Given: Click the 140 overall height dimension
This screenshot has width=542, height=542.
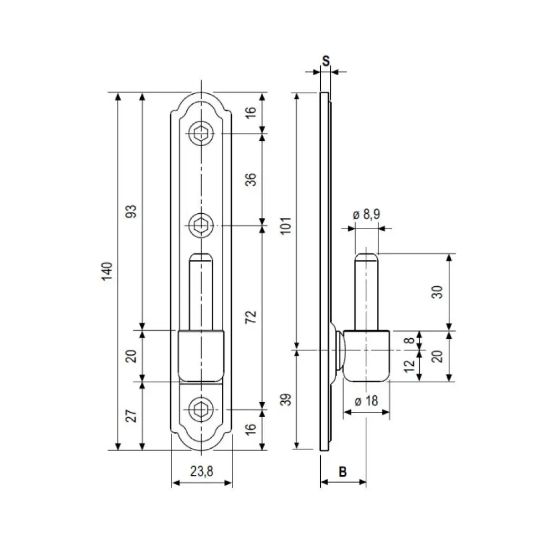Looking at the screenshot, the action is coord(107,272).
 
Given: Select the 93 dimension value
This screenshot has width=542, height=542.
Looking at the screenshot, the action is coord(131,211).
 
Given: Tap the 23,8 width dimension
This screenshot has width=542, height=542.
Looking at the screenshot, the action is coord(202,471).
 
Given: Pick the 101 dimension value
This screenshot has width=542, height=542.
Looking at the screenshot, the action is coord(285,226).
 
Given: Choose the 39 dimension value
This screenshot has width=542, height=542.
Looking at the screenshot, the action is coord(285,399).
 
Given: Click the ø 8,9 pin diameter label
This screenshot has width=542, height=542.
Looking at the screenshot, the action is coord(366,214).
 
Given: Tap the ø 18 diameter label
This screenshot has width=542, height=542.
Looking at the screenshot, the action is coord(366,401).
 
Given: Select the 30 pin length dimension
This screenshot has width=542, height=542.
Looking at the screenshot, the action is coord(437,292).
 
